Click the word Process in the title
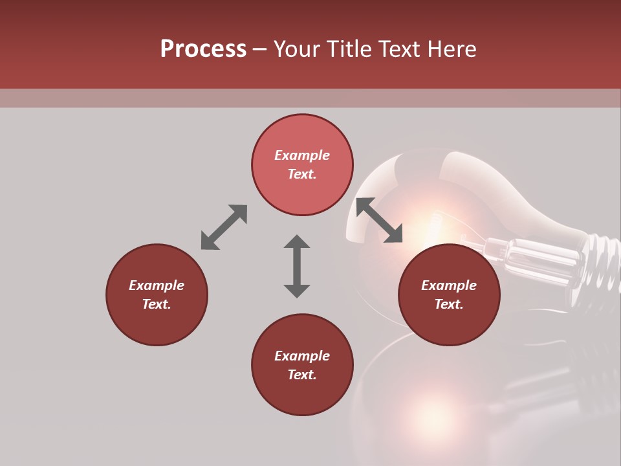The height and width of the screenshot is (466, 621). pos(203,49)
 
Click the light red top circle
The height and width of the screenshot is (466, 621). pos(302,165)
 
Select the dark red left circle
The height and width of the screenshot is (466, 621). pos(157,294)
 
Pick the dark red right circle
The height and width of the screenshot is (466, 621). pos(449,294)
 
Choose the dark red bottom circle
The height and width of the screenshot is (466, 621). pos(302,364)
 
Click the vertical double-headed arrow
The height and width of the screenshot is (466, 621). pos(297,266)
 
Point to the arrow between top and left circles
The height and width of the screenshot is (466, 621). pos(224,227)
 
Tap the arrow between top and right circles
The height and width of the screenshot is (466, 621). pos(380,220)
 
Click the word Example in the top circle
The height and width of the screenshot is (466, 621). pos(302,155)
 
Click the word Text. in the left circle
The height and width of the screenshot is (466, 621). pos(157,304)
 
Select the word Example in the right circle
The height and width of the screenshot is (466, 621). pos(449,285)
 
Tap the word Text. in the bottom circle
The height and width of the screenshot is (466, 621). pos(302,375)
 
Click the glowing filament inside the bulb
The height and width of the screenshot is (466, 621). pos(430,223)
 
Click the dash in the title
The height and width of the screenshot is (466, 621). pos(260,49)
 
